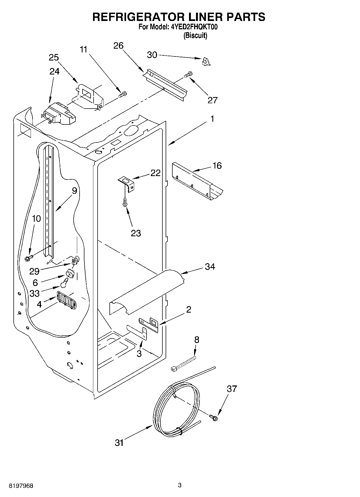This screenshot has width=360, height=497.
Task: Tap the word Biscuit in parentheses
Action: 195,35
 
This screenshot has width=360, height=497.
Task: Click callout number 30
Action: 152,55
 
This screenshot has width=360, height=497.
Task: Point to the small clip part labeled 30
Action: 206,62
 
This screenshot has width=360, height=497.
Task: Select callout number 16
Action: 217,166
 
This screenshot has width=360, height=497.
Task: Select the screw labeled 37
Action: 214,417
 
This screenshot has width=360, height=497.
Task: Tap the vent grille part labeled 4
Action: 66,300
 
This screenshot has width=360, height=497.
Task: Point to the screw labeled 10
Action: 28,258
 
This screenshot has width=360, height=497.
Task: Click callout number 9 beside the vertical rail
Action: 74,191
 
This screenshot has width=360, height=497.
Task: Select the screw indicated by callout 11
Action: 123,94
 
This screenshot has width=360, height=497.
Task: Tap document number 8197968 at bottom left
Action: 21,486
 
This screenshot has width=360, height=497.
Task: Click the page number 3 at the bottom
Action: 180,485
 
